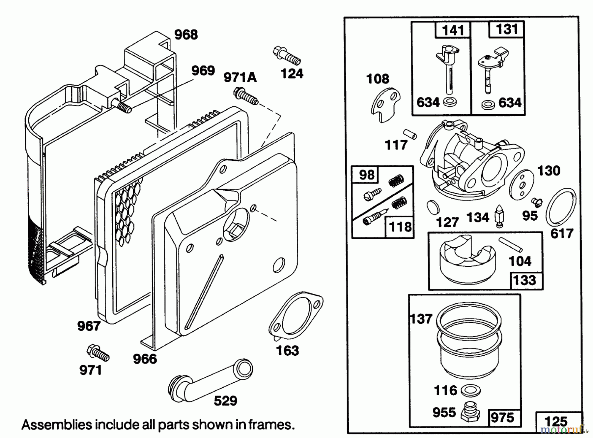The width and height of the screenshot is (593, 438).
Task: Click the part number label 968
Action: coord(186,35)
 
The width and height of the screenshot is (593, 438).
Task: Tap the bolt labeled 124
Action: coord(287,56)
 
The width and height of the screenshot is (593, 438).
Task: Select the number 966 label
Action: coord(145,359)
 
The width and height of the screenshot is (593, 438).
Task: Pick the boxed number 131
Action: coord(507,29)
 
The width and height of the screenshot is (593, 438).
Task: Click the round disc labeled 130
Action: coord(521,185)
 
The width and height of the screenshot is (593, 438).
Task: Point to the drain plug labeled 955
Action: coord(470,413)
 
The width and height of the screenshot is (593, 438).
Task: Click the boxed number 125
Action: coord(556,421)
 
